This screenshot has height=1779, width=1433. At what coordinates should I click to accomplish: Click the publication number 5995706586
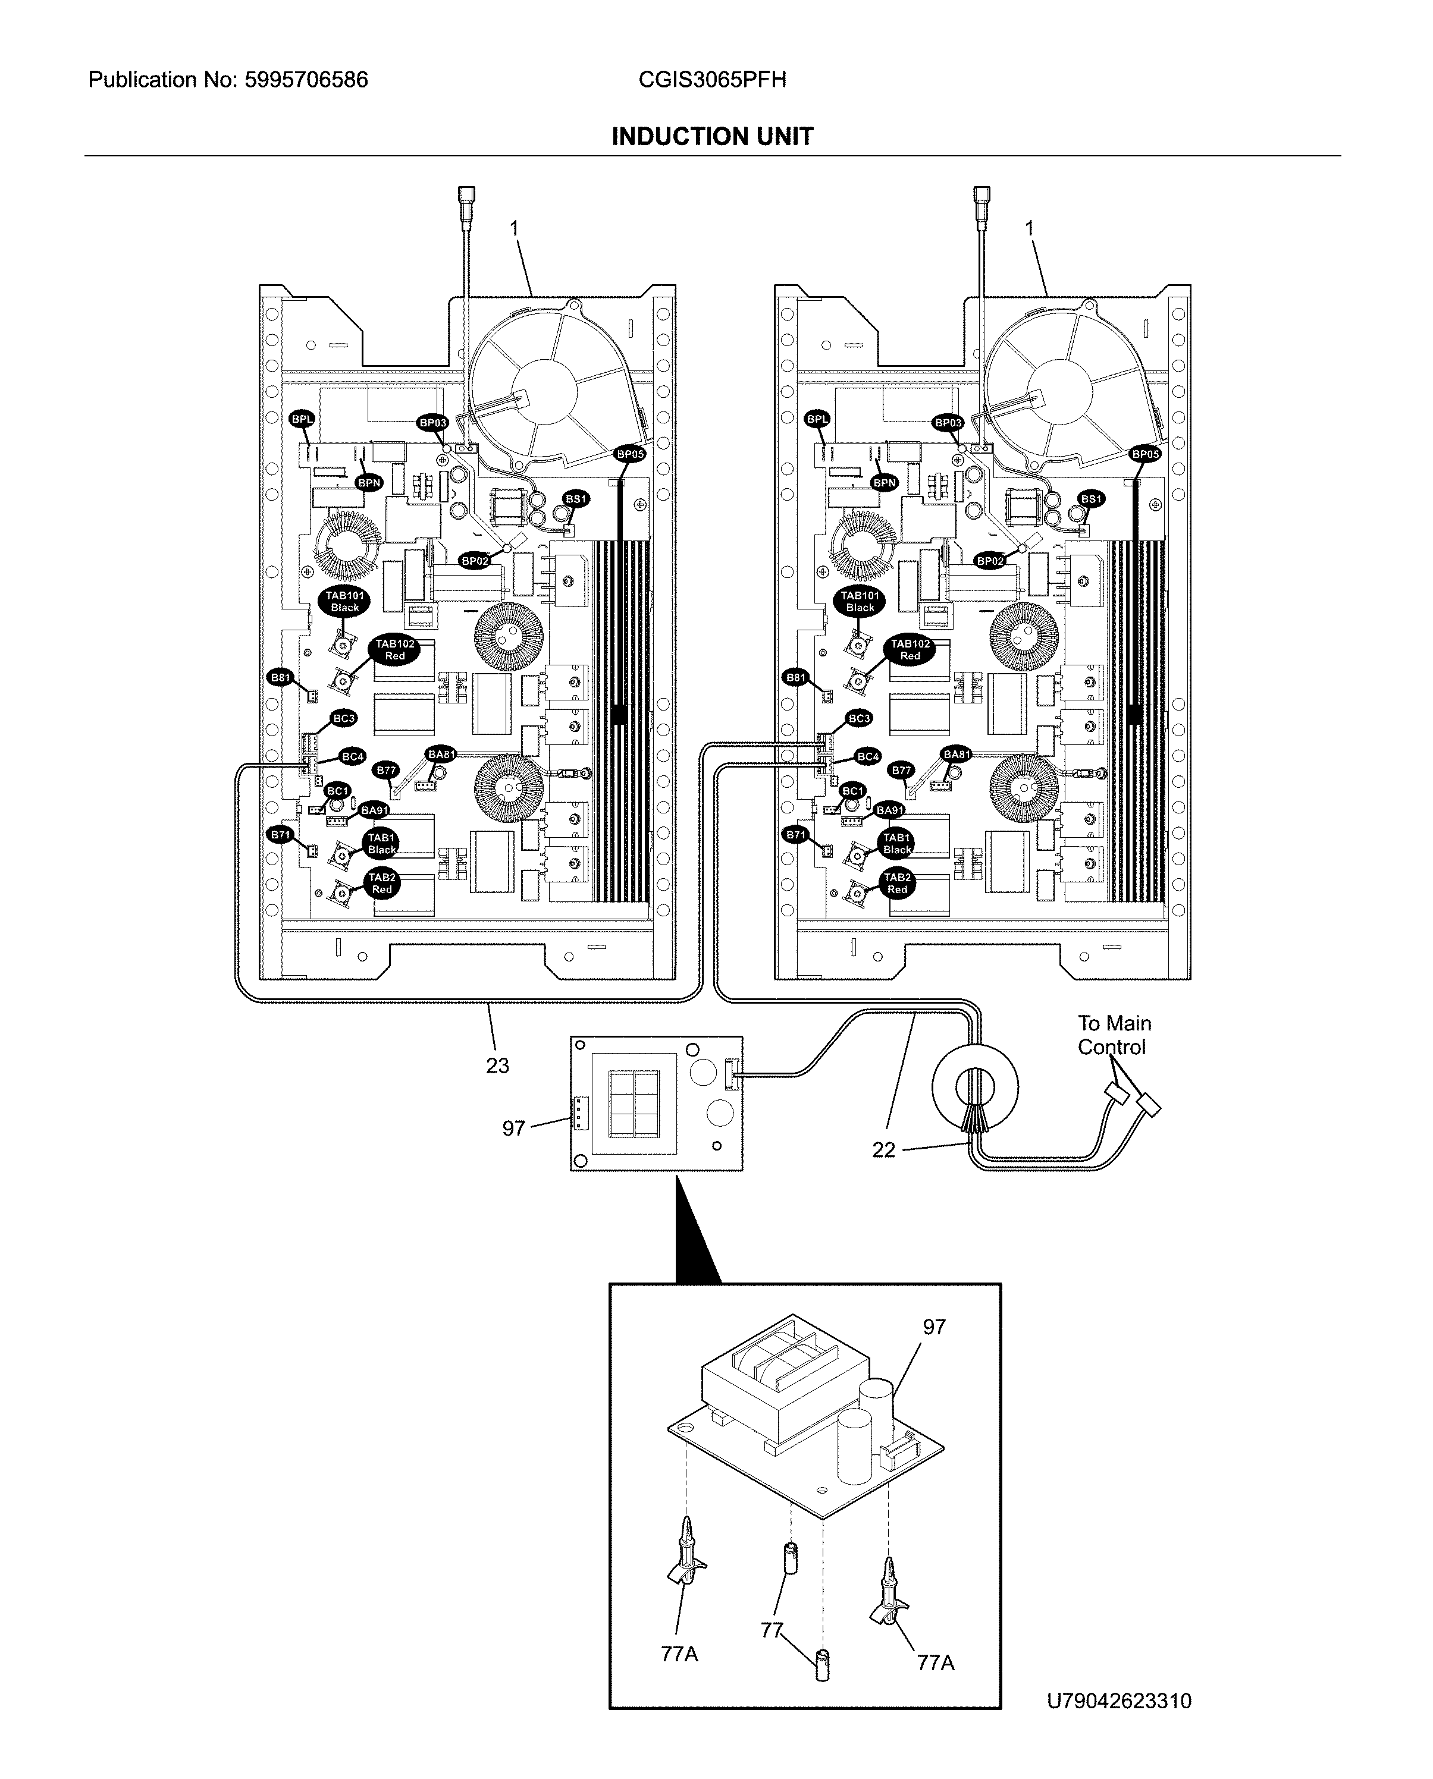coord(306,80)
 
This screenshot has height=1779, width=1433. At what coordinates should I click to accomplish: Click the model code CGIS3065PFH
coord(711,80)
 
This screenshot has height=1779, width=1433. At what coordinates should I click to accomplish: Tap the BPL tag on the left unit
coord(302,419)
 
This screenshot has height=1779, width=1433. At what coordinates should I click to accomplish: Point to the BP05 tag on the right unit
coord(1146,454)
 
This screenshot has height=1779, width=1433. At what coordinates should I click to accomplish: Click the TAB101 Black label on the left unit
coord(345,602)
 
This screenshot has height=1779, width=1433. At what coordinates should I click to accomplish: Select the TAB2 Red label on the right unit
coord(897,883)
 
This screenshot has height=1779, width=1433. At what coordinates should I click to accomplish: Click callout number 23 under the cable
coord(497,1065)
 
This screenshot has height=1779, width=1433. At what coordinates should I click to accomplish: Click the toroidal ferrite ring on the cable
coord(975,1087)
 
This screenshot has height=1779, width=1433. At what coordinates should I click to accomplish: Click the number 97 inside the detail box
coord(933,1327)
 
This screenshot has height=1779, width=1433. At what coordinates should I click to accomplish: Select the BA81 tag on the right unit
coord(957,754)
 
